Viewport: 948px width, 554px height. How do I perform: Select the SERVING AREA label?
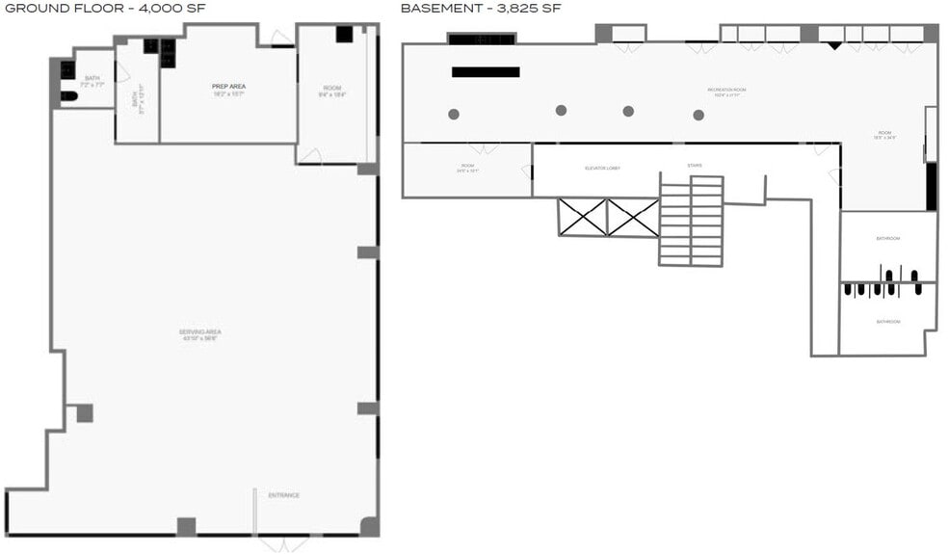[x=199, y=332]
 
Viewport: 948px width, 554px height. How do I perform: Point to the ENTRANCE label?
[x=283, y=495]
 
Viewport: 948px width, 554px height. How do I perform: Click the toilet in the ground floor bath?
[x=68, y=95]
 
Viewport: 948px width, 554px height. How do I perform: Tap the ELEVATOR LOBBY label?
[x=602, y=168]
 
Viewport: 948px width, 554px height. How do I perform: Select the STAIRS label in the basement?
[x=695, y=166]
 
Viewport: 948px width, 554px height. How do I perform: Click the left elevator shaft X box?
[x=583, y=217]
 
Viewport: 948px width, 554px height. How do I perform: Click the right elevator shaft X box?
[x=633, y=217]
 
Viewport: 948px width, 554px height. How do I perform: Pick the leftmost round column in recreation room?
[x=454, y=114]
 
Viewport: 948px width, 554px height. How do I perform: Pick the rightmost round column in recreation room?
[x=698, y=115]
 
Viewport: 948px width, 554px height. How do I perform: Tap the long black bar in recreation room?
[x=486, y=71]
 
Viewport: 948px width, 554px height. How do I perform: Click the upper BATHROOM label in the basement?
[x=887, y=239]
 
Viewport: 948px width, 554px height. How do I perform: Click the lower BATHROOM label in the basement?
[x=887, y=321]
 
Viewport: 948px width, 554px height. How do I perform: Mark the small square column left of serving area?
[x=85, y=412]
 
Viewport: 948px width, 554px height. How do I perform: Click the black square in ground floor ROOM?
[x=344, y=34]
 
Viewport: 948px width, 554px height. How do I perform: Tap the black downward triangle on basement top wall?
[x=834, y=45]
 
